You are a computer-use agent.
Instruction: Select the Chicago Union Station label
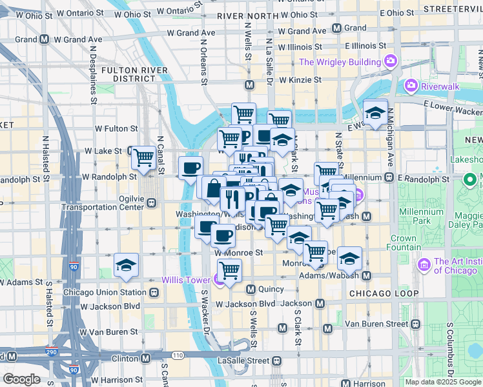point(106,292)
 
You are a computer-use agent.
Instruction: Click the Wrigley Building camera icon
point(391,62)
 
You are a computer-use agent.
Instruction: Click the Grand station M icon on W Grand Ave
point(336,28)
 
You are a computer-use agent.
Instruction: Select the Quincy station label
point(272,289)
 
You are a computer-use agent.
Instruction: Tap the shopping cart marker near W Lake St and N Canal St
point(143,156)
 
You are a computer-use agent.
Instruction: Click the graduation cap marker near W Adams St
point(126,264)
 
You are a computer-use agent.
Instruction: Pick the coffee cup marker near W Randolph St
point(190,168)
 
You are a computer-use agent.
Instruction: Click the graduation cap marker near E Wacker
point(375,113)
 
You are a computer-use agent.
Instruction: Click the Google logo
point(21,379)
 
